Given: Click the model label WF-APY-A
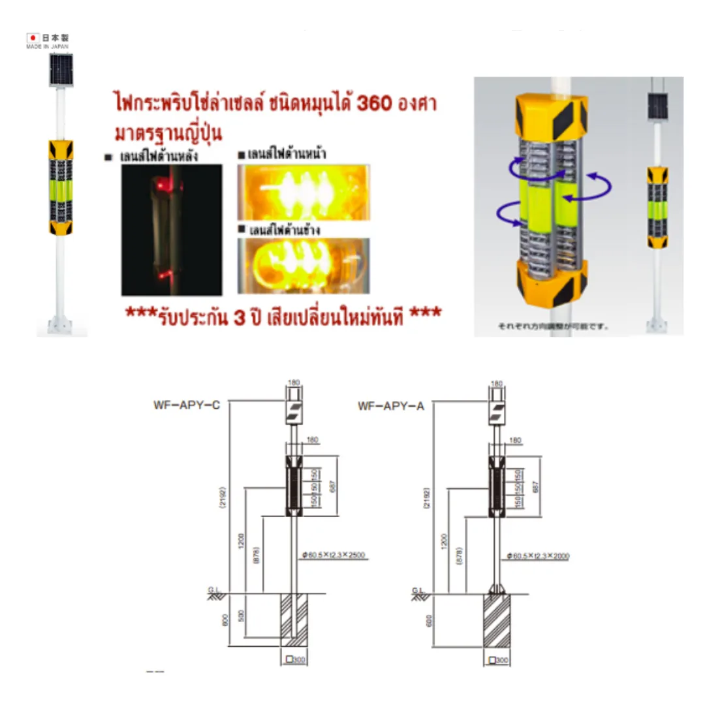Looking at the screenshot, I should [391, 406].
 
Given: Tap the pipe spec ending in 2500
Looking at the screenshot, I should [334, 556].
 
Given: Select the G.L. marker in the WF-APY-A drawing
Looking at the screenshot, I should [418, 590].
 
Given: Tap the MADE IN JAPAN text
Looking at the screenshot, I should [47, 47].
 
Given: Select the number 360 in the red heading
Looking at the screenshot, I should [377, 104].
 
